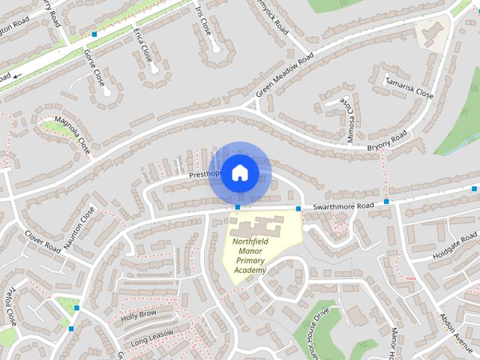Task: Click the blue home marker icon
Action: (239, 172)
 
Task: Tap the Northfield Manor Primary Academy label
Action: (250, 256)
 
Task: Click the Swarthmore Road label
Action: (343, 205)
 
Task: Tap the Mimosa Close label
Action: (349, 118)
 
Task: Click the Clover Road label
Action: (43, 241)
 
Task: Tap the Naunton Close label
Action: (79, 228)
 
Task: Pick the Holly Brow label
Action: (139, 313)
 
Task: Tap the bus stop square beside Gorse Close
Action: (94, 34)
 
